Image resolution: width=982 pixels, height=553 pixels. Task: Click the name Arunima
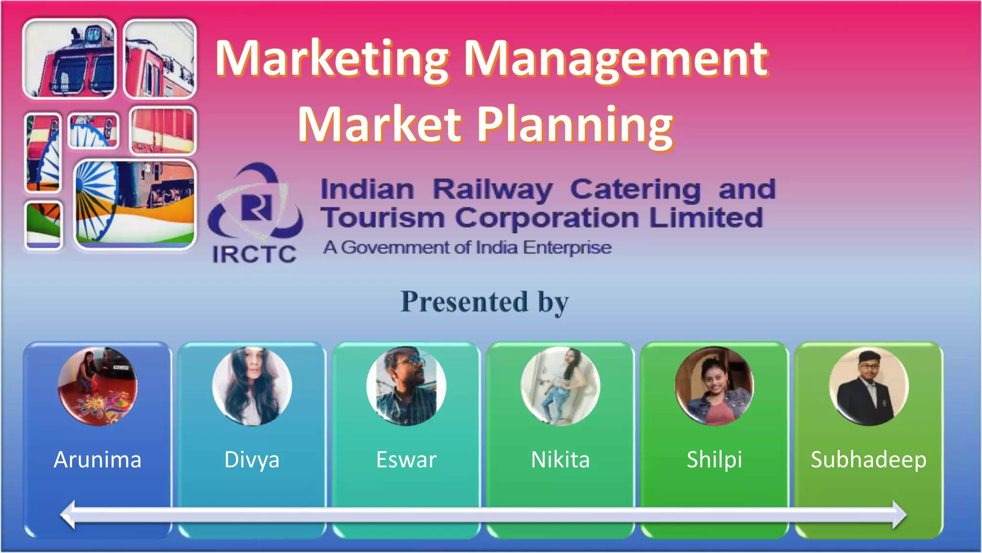[x=97, y=460]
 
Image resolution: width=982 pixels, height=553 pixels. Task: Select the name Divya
[x=252, y=460]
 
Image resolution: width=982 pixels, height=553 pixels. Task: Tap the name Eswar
[x=406, y=460]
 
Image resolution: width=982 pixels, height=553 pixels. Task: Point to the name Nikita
[x=560, y=460]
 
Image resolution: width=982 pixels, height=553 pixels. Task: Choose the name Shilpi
[x=714, y=460]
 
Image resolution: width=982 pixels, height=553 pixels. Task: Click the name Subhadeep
[x=868, y=460]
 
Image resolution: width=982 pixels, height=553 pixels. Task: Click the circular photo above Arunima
[x=97, y=386]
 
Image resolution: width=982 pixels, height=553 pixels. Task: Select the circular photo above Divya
[x=252, y=386]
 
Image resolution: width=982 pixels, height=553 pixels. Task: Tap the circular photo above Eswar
[x=406, y=386]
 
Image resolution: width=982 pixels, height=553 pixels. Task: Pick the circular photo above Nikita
[x=560, y=386]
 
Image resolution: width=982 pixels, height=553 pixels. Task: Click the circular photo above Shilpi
[x=714, y=386]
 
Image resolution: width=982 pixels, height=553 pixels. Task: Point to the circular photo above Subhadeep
[x=868, y=386]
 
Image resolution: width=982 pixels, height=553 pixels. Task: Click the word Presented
[x=464, y=302]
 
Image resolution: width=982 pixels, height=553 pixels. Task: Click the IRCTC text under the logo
[x=254, y=254]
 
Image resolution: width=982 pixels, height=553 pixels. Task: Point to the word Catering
[x=635, y=190]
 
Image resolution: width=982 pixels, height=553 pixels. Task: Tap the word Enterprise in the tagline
[x=567, y=248]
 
